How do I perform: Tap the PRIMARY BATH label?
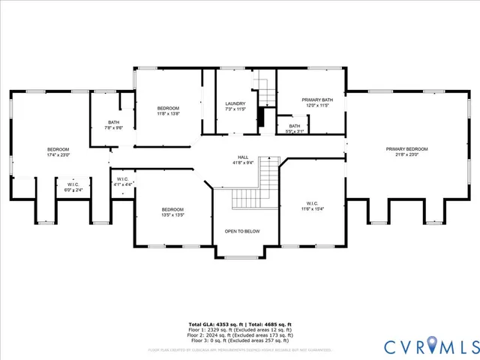pos(316,100)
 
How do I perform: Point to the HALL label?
pos(242,157)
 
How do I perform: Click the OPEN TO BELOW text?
pos(242,231)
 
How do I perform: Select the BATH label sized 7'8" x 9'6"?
pos(113,122)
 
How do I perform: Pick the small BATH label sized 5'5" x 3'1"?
pos(295,126)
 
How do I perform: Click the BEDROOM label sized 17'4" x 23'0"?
pos(58,149)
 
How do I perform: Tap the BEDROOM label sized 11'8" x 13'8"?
pos(168,109)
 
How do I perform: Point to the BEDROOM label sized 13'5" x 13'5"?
pos(173,209)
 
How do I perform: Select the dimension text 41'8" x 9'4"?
pos(244,162)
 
